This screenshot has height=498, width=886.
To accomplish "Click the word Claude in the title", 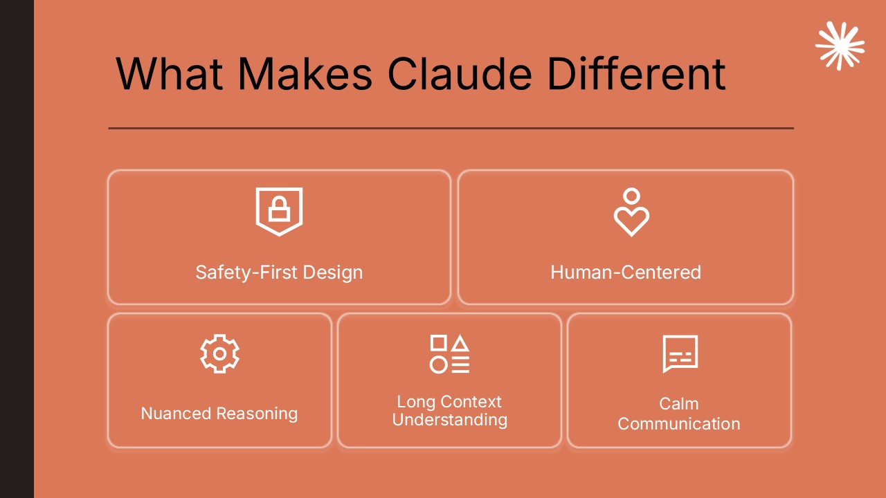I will click(461, 73).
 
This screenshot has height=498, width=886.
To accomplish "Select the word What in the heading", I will click(169, 73).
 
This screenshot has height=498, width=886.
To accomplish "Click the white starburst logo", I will click(840, 46).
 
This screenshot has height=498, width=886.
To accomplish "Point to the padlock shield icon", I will click(279, 211).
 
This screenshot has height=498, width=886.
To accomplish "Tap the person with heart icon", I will click(631, 212).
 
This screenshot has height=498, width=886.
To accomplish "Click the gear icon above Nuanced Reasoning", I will click(219, 353).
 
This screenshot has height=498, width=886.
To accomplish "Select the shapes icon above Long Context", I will click(449, 353).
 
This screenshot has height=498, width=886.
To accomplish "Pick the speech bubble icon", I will click(680, 353).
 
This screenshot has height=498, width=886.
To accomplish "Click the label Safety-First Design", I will click(279, 272).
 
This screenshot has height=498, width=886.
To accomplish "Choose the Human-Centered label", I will click(626, 272).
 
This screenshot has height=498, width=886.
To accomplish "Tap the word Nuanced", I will click(176, 414).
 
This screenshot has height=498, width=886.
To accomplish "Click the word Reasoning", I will click(257, 414).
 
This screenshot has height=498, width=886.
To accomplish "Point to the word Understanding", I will click(449, 420).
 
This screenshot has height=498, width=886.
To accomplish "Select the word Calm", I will click(678, 404).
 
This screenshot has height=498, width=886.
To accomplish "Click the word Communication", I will click(678, 424).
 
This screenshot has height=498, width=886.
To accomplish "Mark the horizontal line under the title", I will click(451, 128).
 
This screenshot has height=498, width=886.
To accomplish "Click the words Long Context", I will click(449, 402).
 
